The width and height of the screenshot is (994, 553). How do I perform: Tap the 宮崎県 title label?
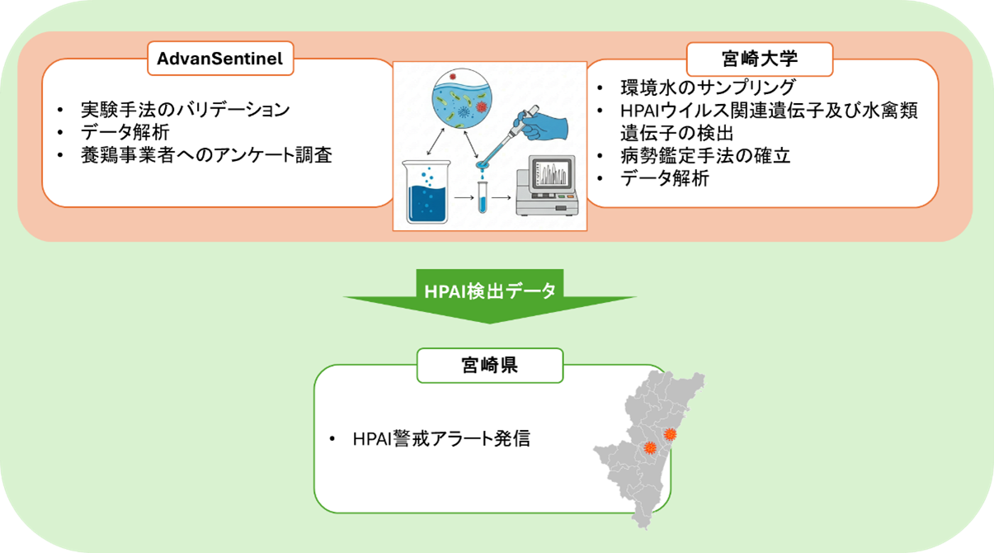(x=489, y=365)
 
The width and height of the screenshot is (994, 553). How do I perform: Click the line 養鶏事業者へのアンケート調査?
(x=206, y=154)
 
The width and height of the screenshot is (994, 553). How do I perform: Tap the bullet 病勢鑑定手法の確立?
(x=705, y=156)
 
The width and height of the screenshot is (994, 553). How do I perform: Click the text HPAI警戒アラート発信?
(x=440, y=438)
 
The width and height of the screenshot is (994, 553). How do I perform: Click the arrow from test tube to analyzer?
(x=502, y=199)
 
